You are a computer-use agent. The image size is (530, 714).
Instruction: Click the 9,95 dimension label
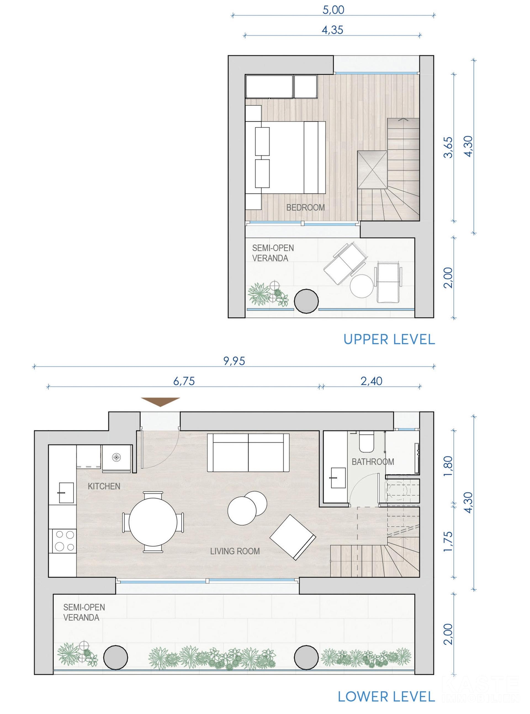pyautogui.click(x=234, y=361)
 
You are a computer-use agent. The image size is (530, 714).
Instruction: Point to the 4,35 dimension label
pyautogui.click(x=332, y=30)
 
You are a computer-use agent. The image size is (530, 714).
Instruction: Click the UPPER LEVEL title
pyautogui.click(x=389, y=340)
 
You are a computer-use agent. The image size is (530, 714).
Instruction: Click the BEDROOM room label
pyautogui.click(x=305, y=208)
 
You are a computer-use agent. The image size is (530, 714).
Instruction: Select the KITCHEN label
pyautogui.click(x=104, y=486)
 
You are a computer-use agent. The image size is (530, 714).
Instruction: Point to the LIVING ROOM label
pyautogui.click(x=235, y=551)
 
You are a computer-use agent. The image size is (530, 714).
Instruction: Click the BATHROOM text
pyautogui.click(x=373, y=462)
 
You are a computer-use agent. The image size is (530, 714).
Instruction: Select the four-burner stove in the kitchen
pyautogui.click(x=65, y=541)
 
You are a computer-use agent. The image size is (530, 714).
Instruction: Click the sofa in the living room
pyautogui.click(x=248, y=452)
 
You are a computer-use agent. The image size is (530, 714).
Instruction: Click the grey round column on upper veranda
pyautogui.click(x=306, y=301)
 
